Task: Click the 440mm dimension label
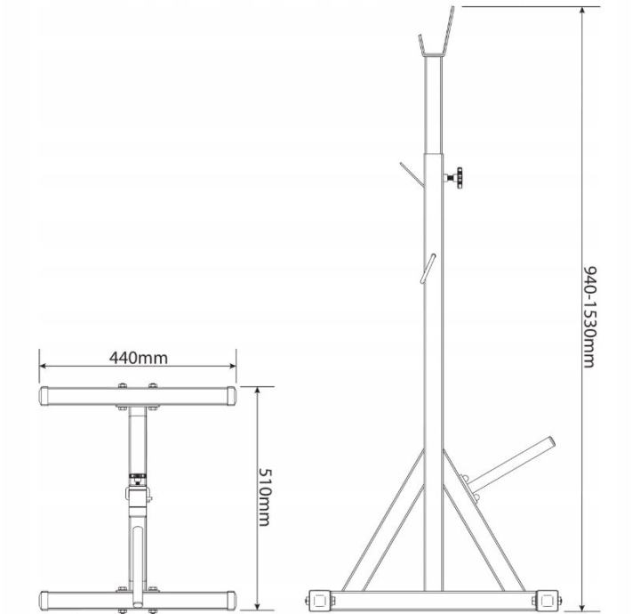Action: click(x=139, y=358)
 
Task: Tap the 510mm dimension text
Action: click(x=264, y=497)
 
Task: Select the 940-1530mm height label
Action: click(x=589, y=317)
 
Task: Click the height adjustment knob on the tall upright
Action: click(x=456, y=177)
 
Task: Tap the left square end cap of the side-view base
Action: click(x=320, y=602)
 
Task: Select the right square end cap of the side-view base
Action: click(x=548, y=602)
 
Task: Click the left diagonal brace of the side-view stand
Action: click(x=384, y=521)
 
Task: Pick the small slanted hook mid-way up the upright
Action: click(x=428, y=268)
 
